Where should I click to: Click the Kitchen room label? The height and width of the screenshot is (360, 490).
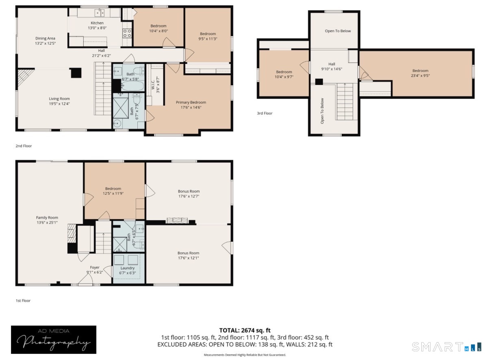pos(97,23)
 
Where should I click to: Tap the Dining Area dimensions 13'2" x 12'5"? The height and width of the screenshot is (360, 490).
pos(45,43)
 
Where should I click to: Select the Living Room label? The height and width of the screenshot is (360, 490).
pos(59,99)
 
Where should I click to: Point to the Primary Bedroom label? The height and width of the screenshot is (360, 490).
pos(191,102)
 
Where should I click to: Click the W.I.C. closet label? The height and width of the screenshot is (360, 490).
pos(153,85)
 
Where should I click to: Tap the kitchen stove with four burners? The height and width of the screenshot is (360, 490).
pos(127,33)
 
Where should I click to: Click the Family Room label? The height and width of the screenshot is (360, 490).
pos(47,218)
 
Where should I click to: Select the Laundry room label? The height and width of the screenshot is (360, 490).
pos(128,268)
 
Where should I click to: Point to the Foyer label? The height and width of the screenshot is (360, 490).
pos(95,267)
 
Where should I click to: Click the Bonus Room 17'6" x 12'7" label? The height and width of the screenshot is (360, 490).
pos(189,194)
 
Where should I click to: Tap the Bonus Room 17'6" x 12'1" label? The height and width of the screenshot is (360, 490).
pos(189,256)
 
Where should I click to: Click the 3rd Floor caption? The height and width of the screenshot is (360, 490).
pos(265,113)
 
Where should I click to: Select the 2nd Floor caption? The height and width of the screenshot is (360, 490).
pos(24,146)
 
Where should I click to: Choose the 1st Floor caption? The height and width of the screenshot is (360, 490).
pos(23,301)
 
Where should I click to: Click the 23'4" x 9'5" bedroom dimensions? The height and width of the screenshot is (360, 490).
pos(421,76)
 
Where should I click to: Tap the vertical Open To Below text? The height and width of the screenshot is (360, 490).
pos(322,111)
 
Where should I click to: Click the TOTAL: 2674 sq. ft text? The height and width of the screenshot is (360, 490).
pos(245,330)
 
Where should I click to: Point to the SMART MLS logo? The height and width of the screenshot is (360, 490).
pos(447,347)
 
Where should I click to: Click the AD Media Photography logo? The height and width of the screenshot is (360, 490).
pos(54,340)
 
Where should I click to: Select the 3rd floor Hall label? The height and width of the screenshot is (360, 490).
pos(332,64)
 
